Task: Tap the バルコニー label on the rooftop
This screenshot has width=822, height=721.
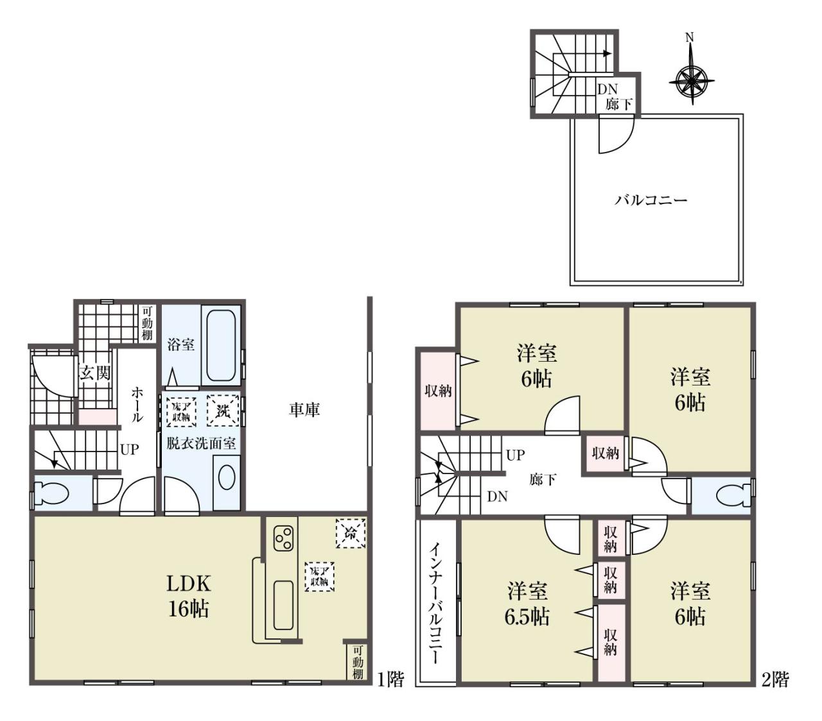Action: [651, 200]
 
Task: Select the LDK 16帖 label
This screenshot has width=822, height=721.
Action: [189, 596]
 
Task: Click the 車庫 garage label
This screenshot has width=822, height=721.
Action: [304, 410]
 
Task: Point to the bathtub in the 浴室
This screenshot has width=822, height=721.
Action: [221, 346]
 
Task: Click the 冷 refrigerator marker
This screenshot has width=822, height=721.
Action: [351, 533]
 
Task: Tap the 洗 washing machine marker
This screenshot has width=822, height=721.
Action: [223, 411]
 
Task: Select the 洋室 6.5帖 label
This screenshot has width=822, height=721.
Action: [527, 604]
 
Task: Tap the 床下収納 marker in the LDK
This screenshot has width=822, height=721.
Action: [320, 576]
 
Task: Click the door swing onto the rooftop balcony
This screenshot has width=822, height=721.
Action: [616, 134]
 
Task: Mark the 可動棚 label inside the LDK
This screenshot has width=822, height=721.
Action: [358, 662]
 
